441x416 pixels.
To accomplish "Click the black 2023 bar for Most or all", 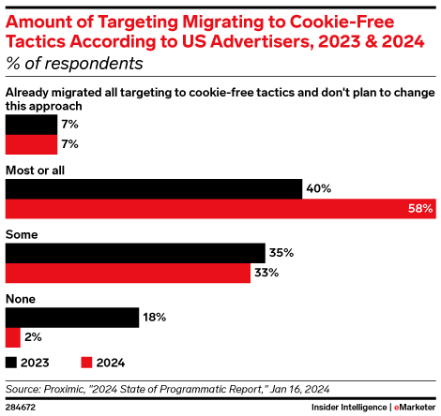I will [153, 188].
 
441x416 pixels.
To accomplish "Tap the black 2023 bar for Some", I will [135, 253].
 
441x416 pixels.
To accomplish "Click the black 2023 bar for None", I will [72, 318].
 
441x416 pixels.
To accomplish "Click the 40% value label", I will [319, 188].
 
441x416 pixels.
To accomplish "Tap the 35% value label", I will [282, 253].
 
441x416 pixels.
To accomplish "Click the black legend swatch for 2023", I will [11, 362].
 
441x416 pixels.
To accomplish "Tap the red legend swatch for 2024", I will [87, 362].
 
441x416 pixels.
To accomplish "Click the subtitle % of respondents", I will [74, 64].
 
